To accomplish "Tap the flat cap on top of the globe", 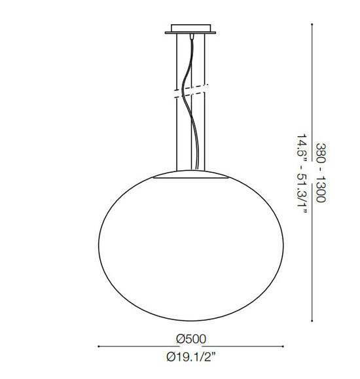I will click(x=191, y=176).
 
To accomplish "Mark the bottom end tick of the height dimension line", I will click(x=312, y=320).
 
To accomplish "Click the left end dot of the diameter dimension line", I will click(x=98, y=345).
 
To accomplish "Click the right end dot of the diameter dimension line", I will click(x=284, y=345).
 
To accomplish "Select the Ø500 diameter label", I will click(x=191, y=338).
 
